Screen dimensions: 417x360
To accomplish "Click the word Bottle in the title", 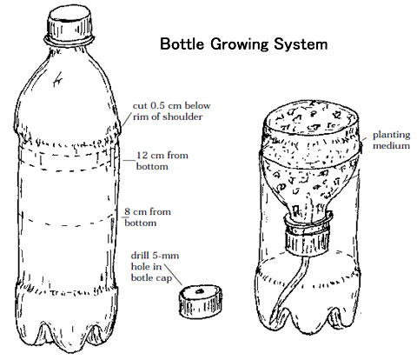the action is [x=182, y=44].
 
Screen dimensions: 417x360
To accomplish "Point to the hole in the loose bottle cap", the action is [x=199, y=291].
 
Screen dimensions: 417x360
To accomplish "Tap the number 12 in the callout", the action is [x=142, y=156].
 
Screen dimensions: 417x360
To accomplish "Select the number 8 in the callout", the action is [x=127, y=211].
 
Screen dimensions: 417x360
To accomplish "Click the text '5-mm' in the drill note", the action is [x=166, y=256].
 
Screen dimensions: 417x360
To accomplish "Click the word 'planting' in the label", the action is [x=392, y=136].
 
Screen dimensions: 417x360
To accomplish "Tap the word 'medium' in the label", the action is [x=391, y=145].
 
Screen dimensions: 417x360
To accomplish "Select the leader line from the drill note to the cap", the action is [x=174, y=274].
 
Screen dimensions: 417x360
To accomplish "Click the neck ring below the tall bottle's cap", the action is [x=69, y=41].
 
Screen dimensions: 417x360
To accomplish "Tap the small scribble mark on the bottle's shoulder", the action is [x=58, y=79].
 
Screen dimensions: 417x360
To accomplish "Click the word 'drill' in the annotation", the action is [x=141, y=256].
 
